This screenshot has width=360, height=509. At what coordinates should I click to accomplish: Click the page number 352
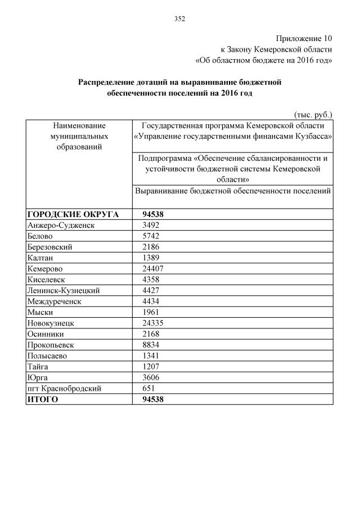click(x=179, y=19)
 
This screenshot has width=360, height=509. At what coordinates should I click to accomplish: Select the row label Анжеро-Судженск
click(x=61, y=225)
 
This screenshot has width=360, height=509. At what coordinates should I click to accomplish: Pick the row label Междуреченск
click(x=54, y=301)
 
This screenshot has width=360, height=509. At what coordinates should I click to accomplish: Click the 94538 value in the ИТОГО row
click(x=154, y=399)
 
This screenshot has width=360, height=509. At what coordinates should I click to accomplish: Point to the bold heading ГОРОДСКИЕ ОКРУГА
click(x=73, y=214)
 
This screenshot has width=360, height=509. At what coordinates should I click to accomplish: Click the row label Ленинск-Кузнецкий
click(x=63, y=290)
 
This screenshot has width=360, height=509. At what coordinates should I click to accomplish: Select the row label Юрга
click(x=37, y=377)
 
